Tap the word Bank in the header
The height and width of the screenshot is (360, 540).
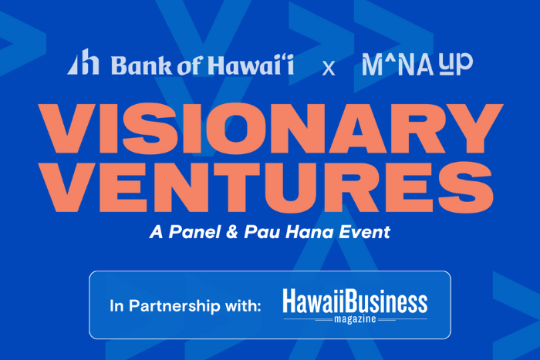(135, 65)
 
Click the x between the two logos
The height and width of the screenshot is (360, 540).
(329, 68)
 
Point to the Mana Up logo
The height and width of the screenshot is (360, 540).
(417, 64)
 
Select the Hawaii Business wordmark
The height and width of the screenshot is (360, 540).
(354, 300)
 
